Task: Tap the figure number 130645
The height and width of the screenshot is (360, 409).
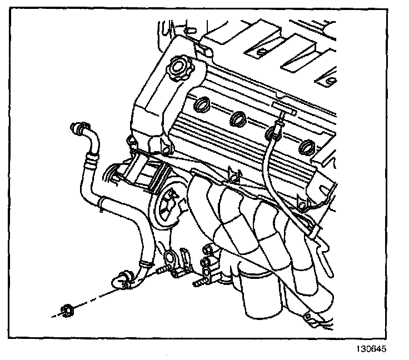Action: [369, 350]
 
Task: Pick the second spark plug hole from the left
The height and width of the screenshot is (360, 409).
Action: [238, 118]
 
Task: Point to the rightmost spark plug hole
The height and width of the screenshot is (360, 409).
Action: [306, 148]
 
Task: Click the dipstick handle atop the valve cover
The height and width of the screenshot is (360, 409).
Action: [283, 114]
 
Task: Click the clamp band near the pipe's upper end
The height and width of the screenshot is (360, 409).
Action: [91, 162]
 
